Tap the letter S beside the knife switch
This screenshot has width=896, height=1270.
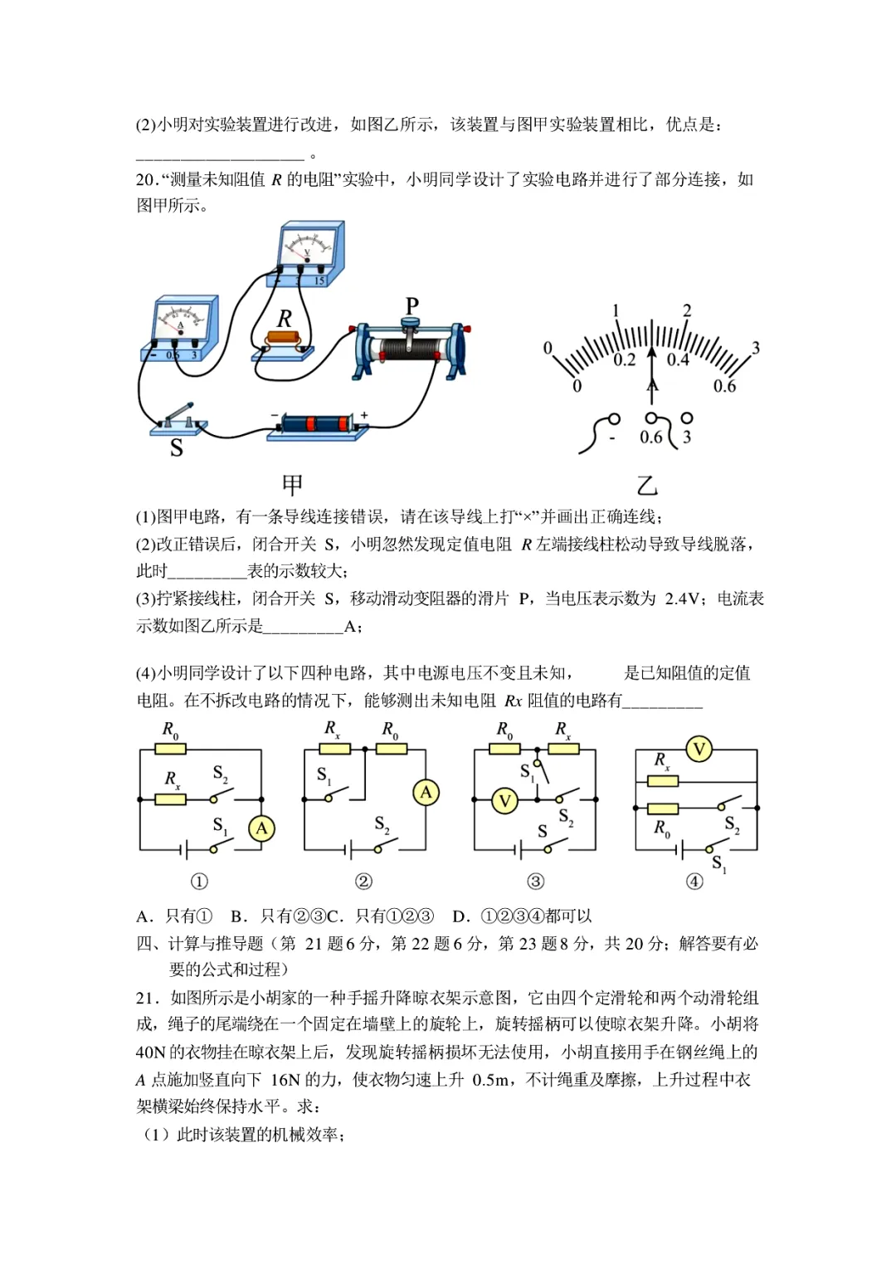176,448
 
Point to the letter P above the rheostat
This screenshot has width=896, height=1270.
411,306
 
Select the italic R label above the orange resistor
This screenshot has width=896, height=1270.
285,319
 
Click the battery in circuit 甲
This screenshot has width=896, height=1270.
315,423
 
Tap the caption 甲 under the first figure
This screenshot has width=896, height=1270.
292,485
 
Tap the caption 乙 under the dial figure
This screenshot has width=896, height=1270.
646,485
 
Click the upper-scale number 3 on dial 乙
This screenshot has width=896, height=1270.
755,348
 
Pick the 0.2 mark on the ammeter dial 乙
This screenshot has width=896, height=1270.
625,360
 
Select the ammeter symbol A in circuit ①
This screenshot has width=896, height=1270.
261,828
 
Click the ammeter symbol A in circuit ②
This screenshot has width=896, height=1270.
426,793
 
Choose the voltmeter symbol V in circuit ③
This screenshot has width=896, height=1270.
504,801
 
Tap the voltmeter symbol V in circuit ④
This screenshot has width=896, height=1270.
699,750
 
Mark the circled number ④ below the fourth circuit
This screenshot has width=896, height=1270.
694,882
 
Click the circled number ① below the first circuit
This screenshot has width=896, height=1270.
199,882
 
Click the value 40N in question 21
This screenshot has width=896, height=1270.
151,1053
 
